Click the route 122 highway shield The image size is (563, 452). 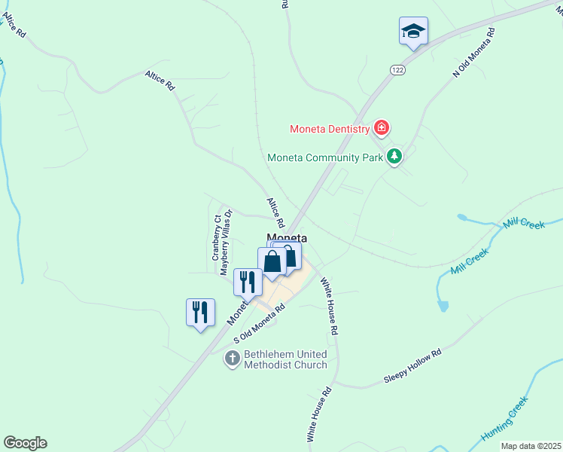(x=397, y=69)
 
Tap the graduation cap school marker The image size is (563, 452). (x=413, y=31)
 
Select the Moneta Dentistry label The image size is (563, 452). (x=330, y=129)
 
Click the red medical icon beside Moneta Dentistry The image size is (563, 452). (x=382, y=128)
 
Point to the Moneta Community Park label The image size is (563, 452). (x=325, y=157)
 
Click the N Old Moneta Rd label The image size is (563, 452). (x=474, y=53)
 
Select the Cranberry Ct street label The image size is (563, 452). (x=216, y=237)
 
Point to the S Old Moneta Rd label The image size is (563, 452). (x=260, y=324)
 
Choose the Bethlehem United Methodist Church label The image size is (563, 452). (x=286, y=359)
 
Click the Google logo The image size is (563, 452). (x=25, y=443)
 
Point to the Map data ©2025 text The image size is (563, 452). (x=531, y=446)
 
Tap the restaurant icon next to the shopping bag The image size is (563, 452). (x=247, y=282)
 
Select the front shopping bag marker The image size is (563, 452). (x=272, y=261)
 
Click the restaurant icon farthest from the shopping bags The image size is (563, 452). (x=200, y=311)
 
